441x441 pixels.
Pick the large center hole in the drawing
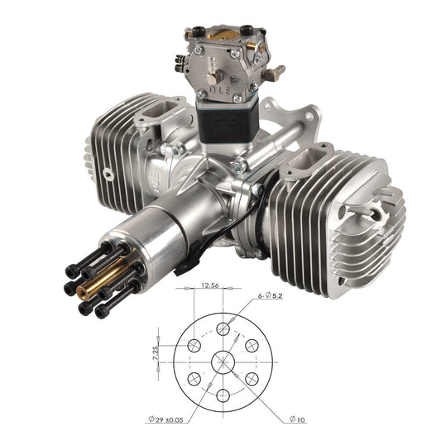223,362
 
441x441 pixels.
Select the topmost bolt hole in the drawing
223,328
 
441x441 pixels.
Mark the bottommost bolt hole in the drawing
223,395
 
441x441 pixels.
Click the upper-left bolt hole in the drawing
194,345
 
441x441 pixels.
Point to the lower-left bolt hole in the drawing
194,378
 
